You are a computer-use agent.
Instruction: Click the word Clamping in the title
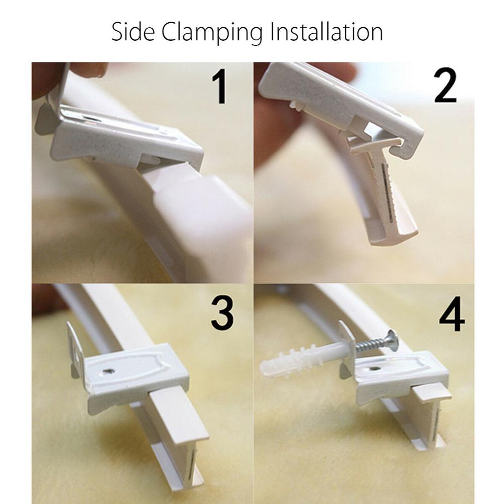coord(213,32)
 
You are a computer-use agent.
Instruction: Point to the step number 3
coord(222,312)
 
